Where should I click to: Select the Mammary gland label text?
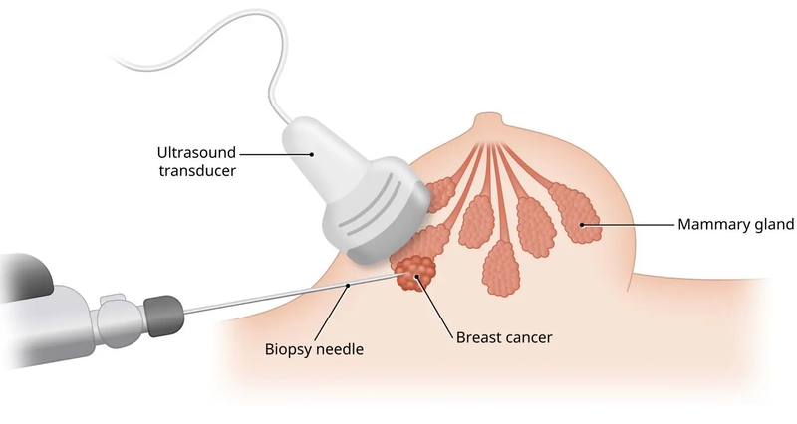735,225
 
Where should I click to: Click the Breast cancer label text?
503,337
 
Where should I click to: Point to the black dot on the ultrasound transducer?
311,153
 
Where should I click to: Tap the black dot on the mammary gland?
583,226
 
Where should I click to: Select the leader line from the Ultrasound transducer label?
274,153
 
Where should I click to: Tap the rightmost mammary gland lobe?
572,212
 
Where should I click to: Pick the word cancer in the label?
527,337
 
